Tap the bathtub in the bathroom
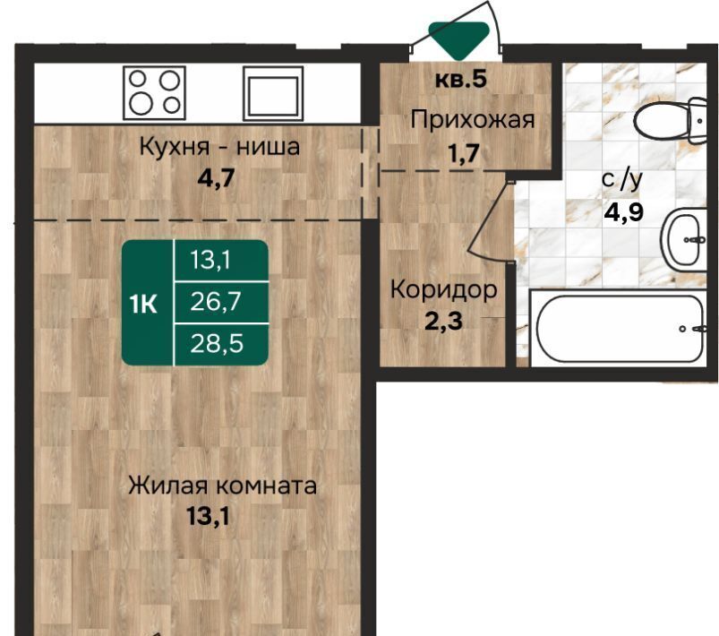(x=620, y=329)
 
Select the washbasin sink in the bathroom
(x=683, y=239)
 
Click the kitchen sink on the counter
(x=273, y=94)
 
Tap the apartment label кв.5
(x=460, y=80)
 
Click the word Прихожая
(x=473, y=120)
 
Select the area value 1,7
(x=464, y=153)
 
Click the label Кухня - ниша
(x=219, y=147)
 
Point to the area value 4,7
(x=216, y=177)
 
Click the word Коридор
(x=444, y=290)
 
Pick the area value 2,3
(x=443, y=322)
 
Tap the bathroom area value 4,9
(x=624, y=212)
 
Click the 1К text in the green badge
(x=143, y=304)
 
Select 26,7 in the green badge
(x=216, y=302)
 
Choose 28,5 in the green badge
(x=217, y=343)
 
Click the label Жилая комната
(x=222, y=486)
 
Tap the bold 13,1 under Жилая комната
(x=208, y=516)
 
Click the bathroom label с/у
(x=622, y=180)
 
